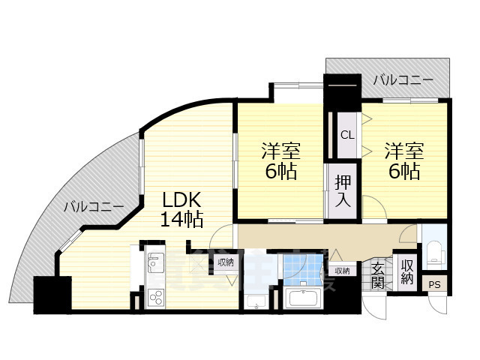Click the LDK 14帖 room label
pyautogui.click(x=181, y=209)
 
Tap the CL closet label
pyautogui.click(x=347, y=135)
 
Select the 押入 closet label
pyautogui.click(x=342, y=190)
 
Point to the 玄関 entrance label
pyautogui.click(x=377, y=275)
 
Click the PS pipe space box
pyautogui.click(x=434, y=285)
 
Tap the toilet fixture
pyautogui.click(x=433, y=253)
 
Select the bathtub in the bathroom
pyautogui.click(x=304, y=299)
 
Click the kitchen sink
pyautogui.click(x=156, y=263)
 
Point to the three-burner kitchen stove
pyautogui.click(x=156, y=297)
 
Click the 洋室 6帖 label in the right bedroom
pyautogui.click(x=404, y=160)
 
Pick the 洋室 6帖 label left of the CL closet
pyautogui.click(x=279, y=160)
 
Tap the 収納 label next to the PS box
pyautogui.click(x=406, y=271)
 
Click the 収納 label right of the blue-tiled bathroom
pyautogui.click(x=341, y=271)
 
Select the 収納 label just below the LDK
pyautogui.click(x=225, y=262)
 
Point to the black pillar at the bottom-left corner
pyautogui.click(x=52, y=295)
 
